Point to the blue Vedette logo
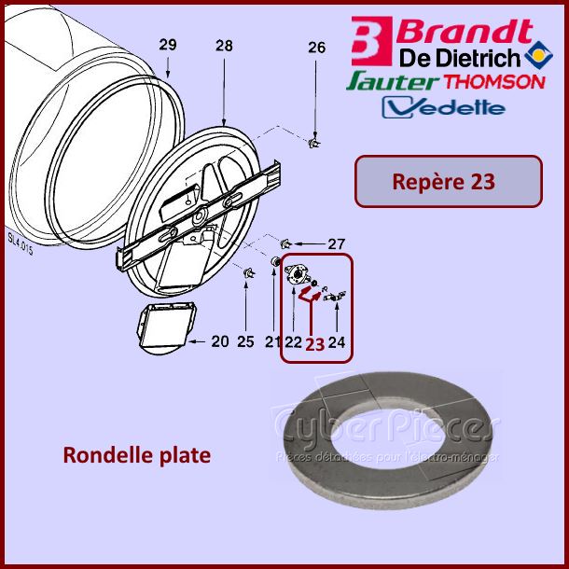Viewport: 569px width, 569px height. click(445, 107)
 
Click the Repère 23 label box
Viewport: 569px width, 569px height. click(448, 181)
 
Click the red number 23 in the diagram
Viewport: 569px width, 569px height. click(315, 343)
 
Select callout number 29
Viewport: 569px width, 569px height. click(167, 45)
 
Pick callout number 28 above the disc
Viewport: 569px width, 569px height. click(224, 45)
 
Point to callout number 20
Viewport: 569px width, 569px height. click(219, 341)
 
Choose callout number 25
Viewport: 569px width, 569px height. click(245, 341)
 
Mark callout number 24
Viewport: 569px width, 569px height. click(337, 342)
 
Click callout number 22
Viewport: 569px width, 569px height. click(293, 342)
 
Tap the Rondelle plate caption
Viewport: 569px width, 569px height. click(136, 456)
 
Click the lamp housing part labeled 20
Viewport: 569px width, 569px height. click(166, 327)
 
